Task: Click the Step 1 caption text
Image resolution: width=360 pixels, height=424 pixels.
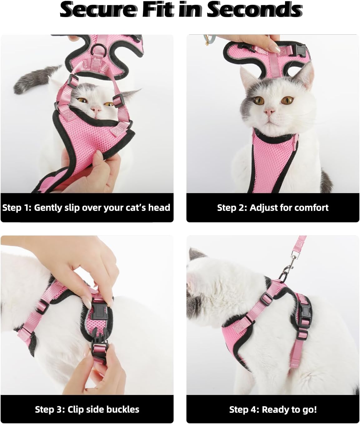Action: tap(86, 208)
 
